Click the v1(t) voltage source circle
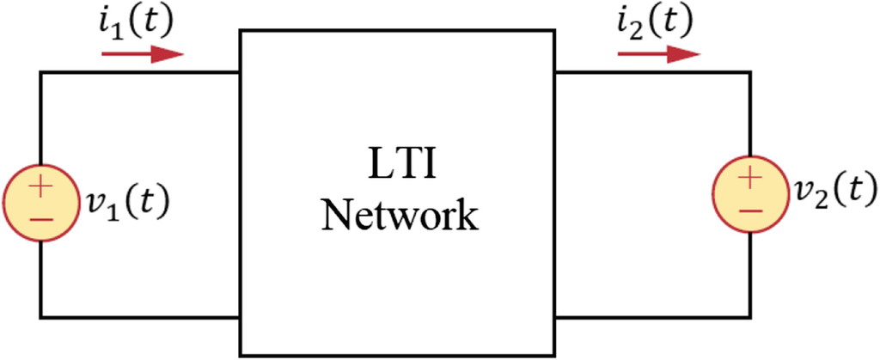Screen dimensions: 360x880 click(x=40, y=202)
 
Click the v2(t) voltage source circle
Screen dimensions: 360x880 click(x=750, y=194)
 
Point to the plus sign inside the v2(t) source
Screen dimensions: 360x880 click(x=750, y=178)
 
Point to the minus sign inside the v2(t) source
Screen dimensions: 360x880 click(x=750, y=211)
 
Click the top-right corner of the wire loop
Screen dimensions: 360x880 click(x=750, y=72)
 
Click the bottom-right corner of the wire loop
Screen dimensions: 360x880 click(x=750, y=318)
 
